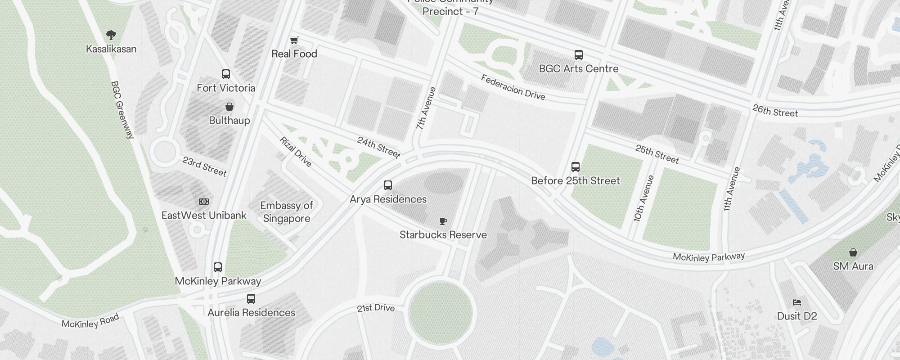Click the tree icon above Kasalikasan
[111, 35]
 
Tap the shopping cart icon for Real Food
[294, 40]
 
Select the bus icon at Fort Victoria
[226, 74]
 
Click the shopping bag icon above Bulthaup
[229, 107]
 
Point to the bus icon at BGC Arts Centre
[579, 55]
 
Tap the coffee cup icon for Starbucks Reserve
[443, 221]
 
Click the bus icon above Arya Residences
[388, 185]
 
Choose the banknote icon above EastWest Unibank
[204, 202]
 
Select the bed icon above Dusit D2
[797, 302]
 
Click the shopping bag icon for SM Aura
[853, 252]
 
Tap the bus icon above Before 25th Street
[575, 167]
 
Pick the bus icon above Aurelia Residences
[251, 298]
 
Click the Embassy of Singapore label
[287, 212]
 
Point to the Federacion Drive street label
[513, 87]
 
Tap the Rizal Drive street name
[296, 152]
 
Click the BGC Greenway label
[122, 110]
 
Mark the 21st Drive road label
[376, 308]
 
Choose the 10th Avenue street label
[643, 198]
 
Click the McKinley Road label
[90, 321]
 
